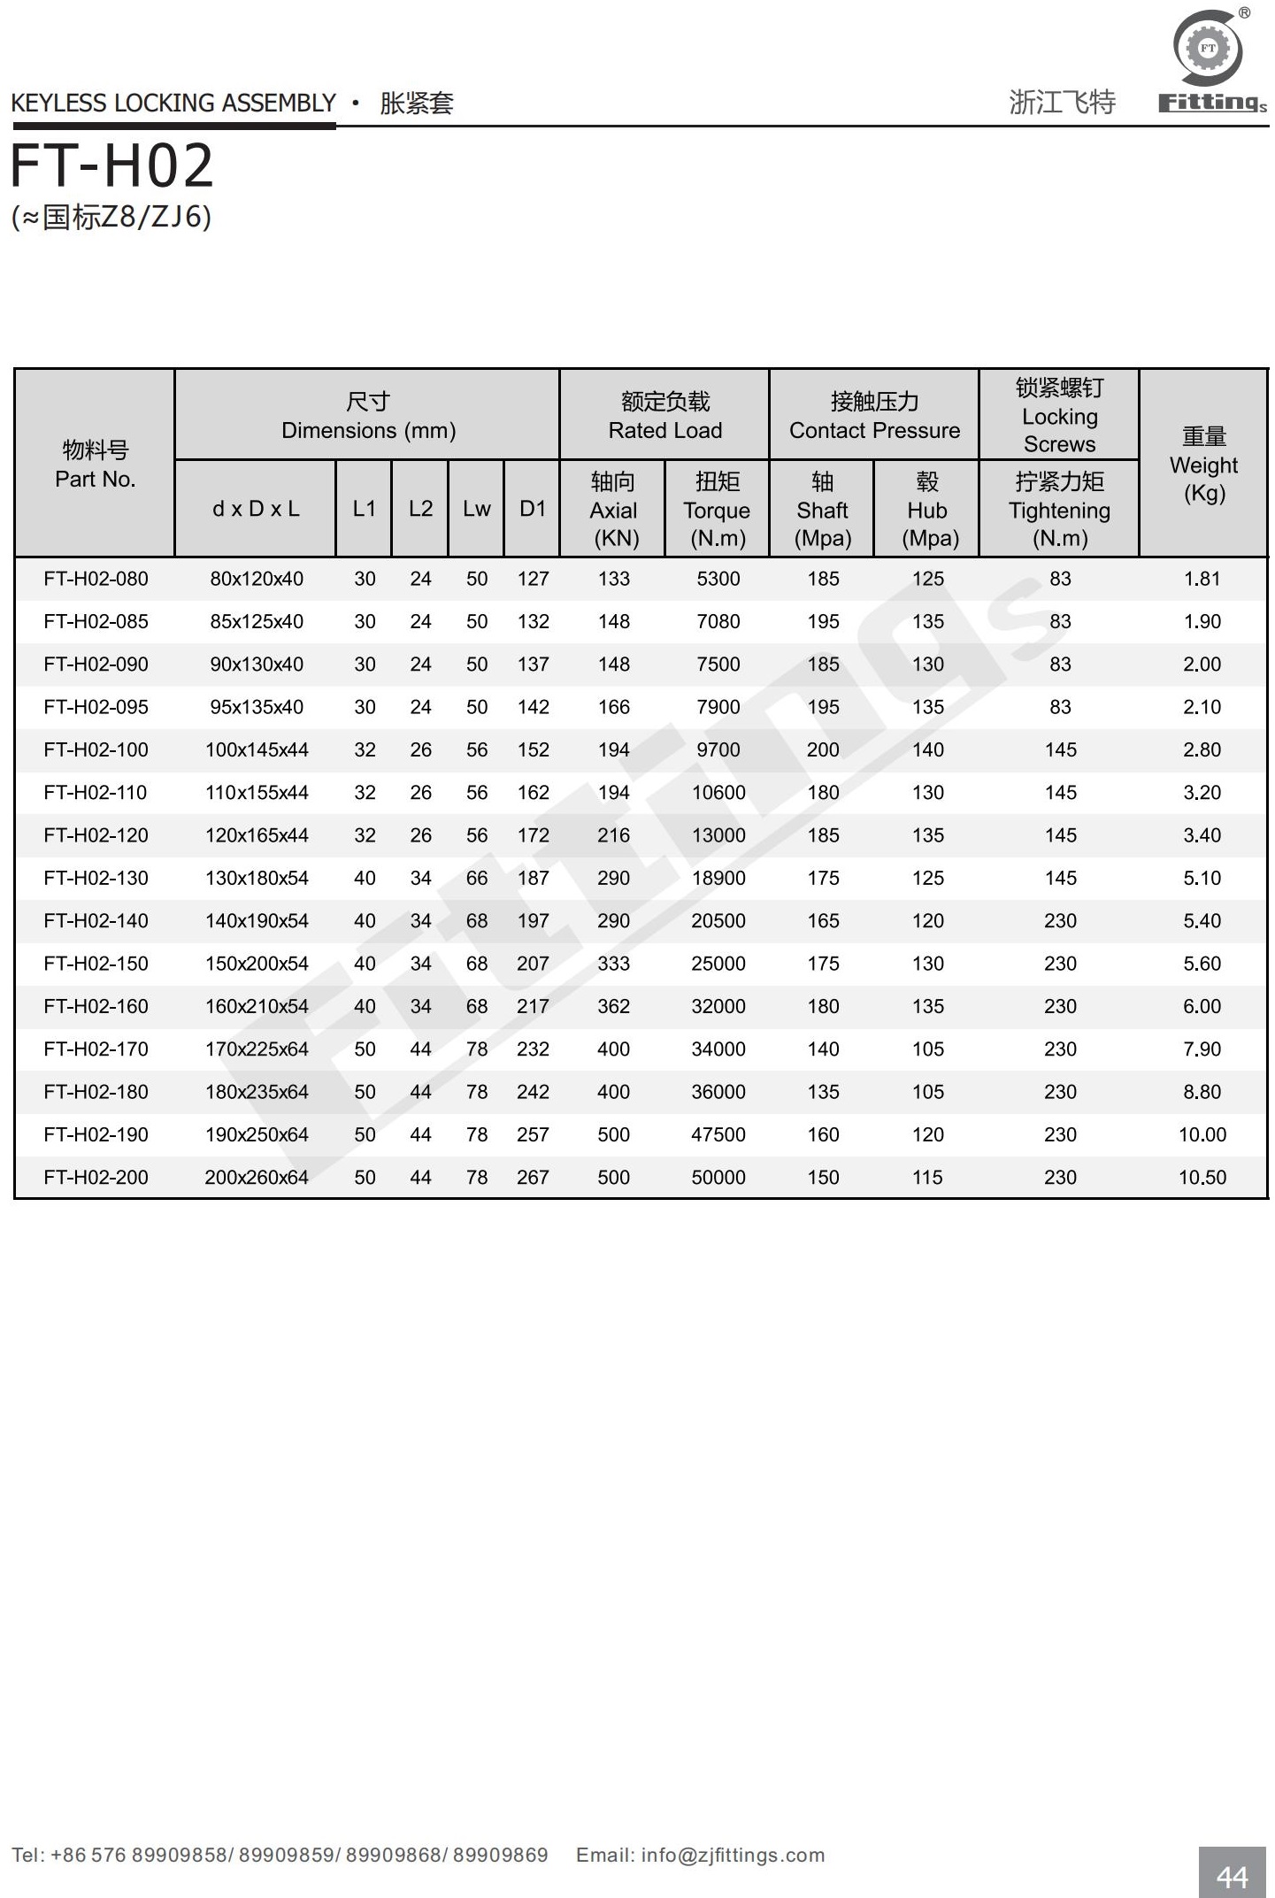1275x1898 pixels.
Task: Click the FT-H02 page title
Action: [x=112, y=166]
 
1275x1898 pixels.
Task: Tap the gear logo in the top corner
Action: [x=1208, y=49]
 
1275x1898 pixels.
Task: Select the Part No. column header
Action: [x=95, y=465]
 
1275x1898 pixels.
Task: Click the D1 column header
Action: [x=533, y=509]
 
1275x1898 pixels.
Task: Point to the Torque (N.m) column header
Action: [x=717, y=510]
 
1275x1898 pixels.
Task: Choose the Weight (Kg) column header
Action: [x=1203, y=465]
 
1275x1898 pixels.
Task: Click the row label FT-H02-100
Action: [x=96, y=750]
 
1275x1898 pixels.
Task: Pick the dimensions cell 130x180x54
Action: [x=257, y=879]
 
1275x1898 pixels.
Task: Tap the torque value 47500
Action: [x=718, y=1135]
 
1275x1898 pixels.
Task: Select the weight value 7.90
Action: [x=1202, y=1049]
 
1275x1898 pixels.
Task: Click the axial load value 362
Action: [x=613, y=1007]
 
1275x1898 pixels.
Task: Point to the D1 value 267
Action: [x=533, y=1178]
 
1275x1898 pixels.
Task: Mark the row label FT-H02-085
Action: [x=96, y=622]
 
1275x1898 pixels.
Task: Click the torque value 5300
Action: [x=718, y=580]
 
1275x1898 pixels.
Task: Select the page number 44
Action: [x=1232, y=1876]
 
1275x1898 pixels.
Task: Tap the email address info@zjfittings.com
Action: [x=733, y=1855]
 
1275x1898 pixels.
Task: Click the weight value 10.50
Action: [x=1202, y=1178]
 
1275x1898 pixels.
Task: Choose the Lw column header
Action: [x=476, y=509]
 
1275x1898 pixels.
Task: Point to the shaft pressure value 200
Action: [x=823, y=750]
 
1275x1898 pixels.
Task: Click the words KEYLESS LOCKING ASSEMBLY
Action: [x=173, y=104]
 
